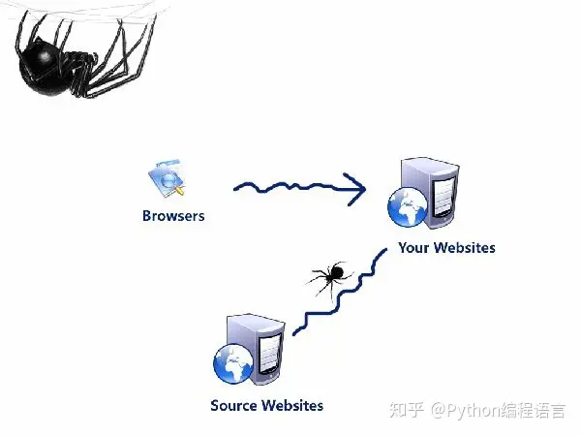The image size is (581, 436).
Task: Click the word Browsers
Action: pyautogui.click(x=173, y=216)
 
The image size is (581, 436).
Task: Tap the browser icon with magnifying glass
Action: pyautogui.click(x=167, y=178)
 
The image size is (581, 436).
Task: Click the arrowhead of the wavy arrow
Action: pyautogui.click(x=356, y=189)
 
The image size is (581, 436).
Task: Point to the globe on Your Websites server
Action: pyautogui.click(x=408, y=206)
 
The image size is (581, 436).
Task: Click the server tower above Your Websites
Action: pyautogui.click(x=431, y=193)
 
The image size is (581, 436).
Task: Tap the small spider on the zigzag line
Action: pyautogui.click(x=330, y=275)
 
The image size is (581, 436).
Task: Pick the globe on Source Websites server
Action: pyautogui.click(x=233, y=364)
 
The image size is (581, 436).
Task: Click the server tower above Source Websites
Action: pyautogui.click(x=256, y=350)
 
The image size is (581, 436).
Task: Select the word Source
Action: pyautogui.click(x=233, y=405)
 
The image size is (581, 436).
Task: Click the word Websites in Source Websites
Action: pyautogui.click(x=292, y=405)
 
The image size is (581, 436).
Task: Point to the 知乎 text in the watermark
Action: pyautogui.click(x=407, y=410)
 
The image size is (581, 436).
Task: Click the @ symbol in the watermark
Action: pyautogui.click(x=438, y=411)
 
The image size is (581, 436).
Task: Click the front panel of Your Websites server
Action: pyautogui.click(x=443, y=198)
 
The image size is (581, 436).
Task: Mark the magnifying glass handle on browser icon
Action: pyautogui.click(x=179, y=191)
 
